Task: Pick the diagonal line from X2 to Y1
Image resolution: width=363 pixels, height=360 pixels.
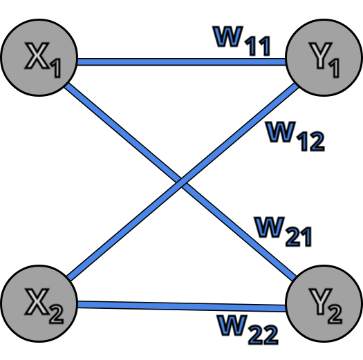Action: (124, 229)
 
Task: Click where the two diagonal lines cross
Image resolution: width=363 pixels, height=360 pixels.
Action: (182, 183)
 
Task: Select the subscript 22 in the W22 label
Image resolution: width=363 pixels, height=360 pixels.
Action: (263, 334)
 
